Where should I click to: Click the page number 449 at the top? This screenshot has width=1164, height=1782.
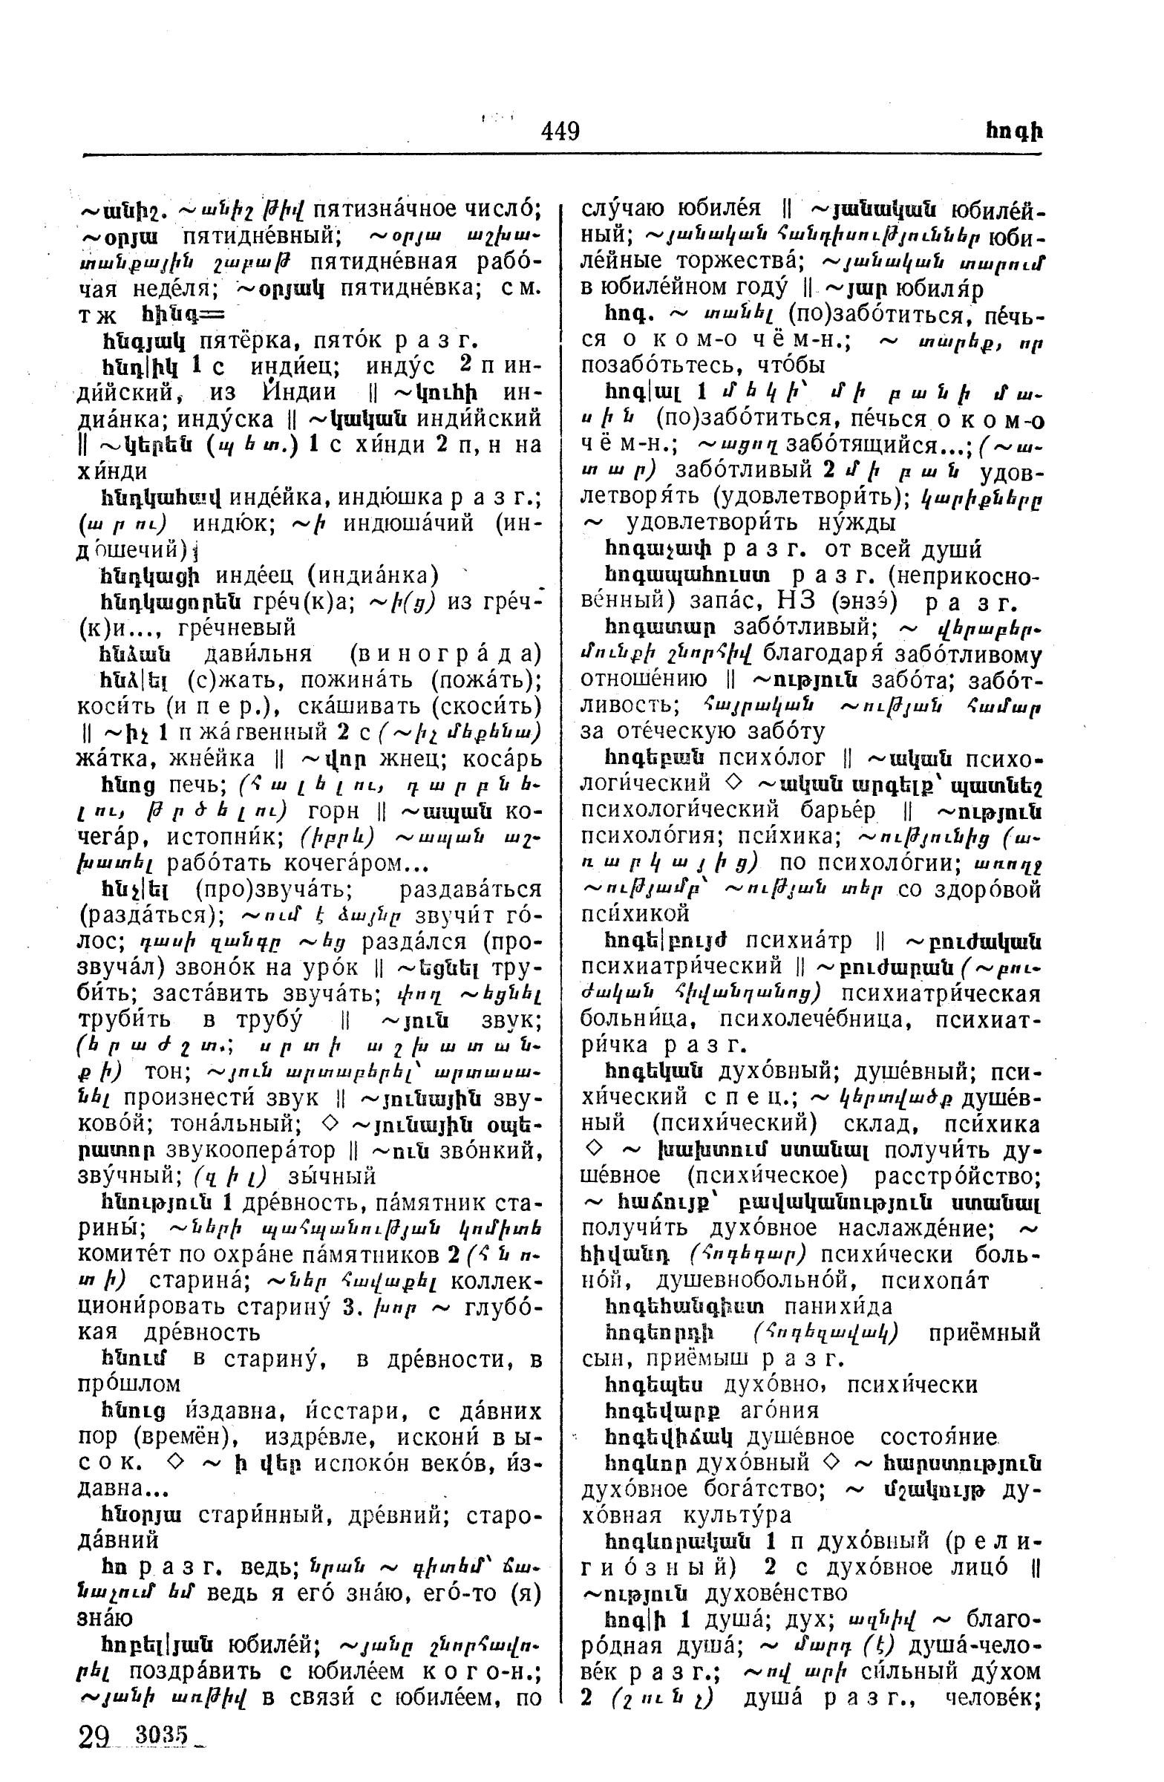tap(560, 131)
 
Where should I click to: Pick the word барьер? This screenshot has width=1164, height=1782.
tap(840, 810)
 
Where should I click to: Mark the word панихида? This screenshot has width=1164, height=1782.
tap(838, 1307)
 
